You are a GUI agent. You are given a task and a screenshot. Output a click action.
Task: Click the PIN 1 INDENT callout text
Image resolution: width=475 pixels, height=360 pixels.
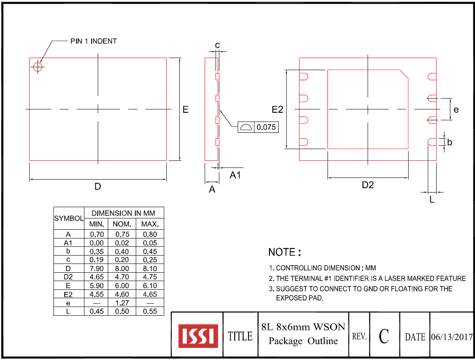click(93, 41)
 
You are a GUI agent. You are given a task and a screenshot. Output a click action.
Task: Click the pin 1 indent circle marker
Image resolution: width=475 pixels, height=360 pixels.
click(38, 66)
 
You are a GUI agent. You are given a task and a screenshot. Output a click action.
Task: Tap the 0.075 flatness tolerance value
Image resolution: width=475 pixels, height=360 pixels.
click(266, 127)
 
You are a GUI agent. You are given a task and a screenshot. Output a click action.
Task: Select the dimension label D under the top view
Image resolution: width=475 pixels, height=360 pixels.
click(97, 187)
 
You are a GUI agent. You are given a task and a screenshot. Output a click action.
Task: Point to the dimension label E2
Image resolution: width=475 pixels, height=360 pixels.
click(277, 109)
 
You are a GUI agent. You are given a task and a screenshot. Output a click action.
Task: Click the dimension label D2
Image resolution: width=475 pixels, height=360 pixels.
click(368, 185)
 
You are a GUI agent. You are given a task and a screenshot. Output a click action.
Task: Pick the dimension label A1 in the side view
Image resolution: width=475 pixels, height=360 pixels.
click(235, 175)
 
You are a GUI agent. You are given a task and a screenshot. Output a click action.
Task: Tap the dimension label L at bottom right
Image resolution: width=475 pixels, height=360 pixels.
click(432, 200)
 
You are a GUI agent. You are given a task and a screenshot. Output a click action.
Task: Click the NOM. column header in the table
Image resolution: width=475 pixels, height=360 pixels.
click(122, 224)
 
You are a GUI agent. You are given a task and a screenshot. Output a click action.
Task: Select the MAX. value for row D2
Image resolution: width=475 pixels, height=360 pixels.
click(150, 277)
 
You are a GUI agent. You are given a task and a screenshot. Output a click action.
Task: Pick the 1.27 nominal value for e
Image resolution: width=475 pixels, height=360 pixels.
click(122, 303)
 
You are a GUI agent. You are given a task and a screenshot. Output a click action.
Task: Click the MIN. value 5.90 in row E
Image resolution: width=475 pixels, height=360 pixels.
click(97, 286)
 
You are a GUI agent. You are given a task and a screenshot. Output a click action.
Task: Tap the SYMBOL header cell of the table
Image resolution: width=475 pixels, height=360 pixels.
click(69, 218)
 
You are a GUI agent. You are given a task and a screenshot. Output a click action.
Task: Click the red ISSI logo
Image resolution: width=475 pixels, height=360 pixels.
click(198, 336)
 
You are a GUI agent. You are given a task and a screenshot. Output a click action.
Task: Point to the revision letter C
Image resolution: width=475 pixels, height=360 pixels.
click(384, 336)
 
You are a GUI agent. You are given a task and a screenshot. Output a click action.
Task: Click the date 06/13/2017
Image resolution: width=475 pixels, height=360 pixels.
click(452, 337)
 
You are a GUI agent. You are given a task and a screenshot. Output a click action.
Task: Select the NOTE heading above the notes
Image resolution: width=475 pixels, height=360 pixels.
click(284, 252)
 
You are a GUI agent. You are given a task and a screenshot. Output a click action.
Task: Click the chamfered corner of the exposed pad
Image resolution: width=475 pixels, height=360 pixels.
click(404, 74)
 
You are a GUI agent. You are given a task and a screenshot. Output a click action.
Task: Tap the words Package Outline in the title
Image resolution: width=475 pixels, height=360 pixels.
click(303, 341)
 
